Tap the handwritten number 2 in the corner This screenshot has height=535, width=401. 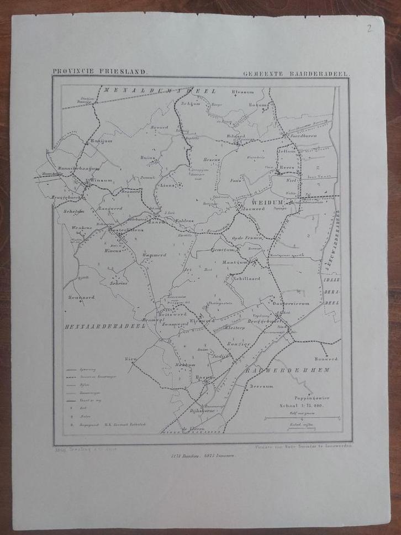click(x=369, y=29)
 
